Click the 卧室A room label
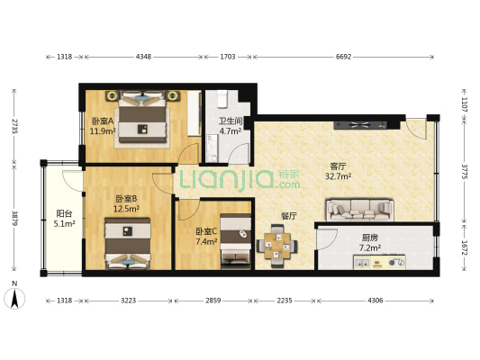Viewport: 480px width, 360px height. pyautogui.click(x=100, y=121)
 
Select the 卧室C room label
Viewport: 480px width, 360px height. pyautogui.click(x=206, y=231)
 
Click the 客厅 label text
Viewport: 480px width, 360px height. pyautogui.click(x=339, y=166)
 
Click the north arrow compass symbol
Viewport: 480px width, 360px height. pyautogui.click(x=15, y=296)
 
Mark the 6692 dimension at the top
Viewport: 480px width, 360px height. pyautogui.click(x=343, y=57)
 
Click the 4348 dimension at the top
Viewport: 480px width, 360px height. pyautogui.click(x=143, y=57)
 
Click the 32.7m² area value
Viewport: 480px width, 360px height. pyautogui.click(x=339, y=177)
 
